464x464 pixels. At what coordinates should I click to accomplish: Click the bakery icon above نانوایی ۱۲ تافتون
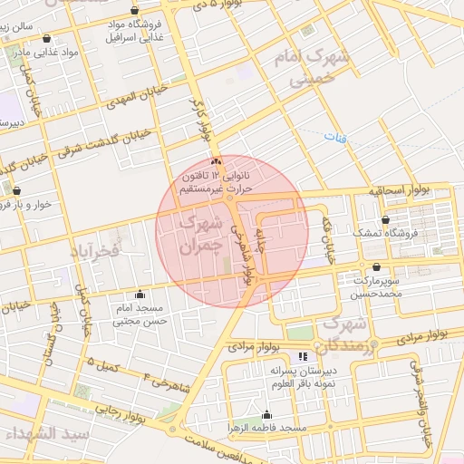click(x=215, y=160)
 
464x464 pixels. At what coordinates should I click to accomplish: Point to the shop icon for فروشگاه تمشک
click(x=386, y=219)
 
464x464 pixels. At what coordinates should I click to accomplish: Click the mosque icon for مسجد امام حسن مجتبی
click(x=140, y=295)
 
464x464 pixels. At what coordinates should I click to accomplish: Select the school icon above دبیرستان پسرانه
click(x=302, y=356)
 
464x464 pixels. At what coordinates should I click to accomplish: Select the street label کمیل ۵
click(x=105, y=363)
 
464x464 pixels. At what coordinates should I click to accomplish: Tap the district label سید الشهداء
click(x=45, y=434)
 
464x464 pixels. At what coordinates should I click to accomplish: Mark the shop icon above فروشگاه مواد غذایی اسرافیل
click(x=134, y=11)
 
